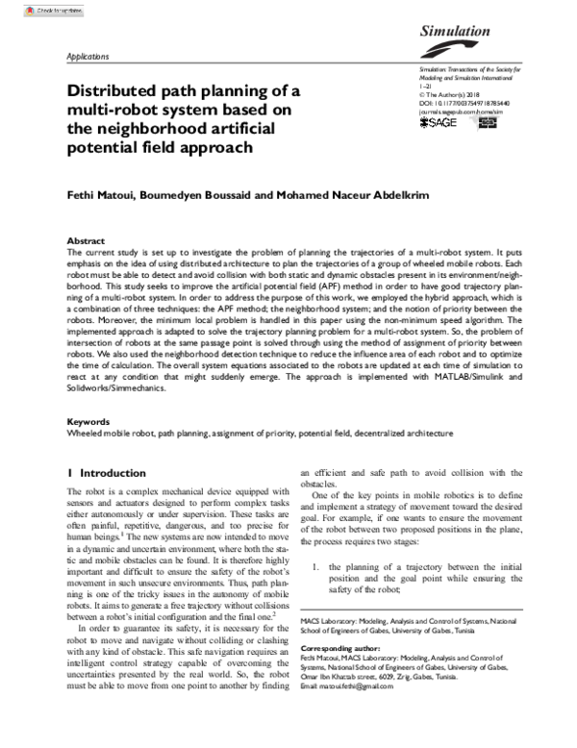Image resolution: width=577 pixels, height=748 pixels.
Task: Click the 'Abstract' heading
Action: [x=85, y=239]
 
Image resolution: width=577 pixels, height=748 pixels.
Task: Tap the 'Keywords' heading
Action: [x=88, y=422]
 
